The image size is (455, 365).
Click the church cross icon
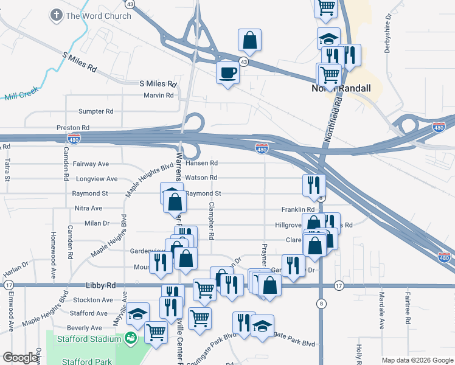[x=56, y=15]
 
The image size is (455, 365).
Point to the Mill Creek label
[x=21, y=96]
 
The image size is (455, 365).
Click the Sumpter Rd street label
[x=96, y=112]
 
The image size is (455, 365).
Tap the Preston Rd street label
[x=73, y=128]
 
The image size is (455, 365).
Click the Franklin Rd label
[x=297, y=209]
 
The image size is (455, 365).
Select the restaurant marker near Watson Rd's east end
[x=314, y=184]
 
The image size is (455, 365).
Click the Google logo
[x=21, y=358]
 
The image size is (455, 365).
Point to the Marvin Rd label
[x=159, y=96]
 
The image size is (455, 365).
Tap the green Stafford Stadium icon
[x=130, y=338]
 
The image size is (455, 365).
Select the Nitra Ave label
[x=88, y=208]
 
